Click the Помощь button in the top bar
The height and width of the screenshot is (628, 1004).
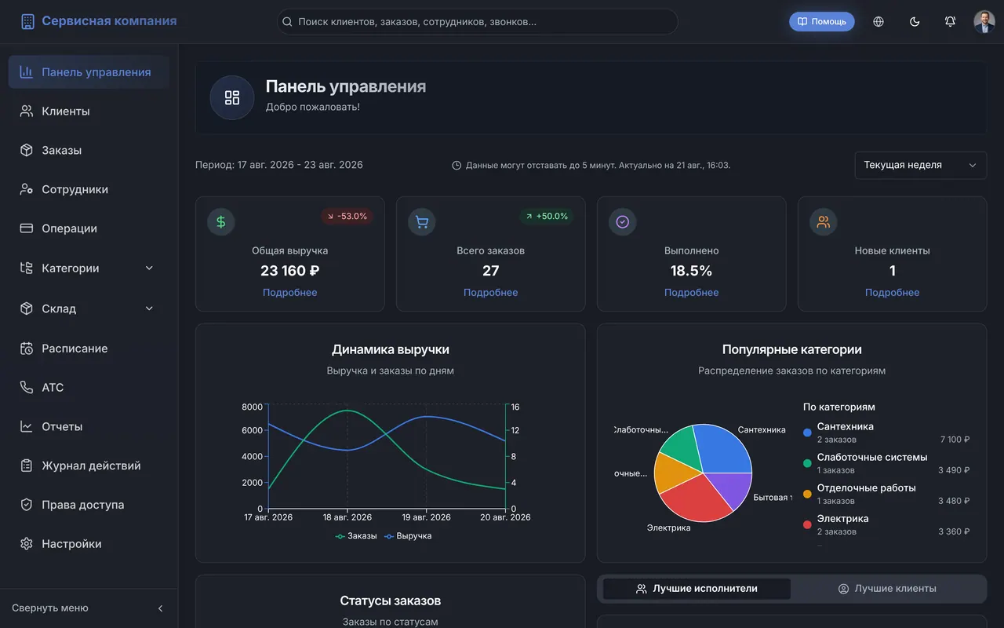click(821, 21)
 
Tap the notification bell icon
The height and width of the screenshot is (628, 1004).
click(950, 21)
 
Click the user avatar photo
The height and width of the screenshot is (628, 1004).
click(984, 21)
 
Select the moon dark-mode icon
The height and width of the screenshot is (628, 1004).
click(915, 21)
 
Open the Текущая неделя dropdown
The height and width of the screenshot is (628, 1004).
click(920, 165)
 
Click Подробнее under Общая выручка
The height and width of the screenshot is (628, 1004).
click(289, 293)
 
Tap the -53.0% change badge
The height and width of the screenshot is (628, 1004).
click(347, 216)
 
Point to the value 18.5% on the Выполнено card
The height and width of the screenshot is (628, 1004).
click(691, 271)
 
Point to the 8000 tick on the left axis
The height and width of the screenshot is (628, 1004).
click(252, 407)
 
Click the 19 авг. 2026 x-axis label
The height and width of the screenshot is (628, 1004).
click(426, 517)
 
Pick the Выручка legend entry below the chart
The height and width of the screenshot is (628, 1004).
click(409, 536)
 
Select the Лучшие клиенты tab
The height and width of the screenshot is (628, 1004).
click(887, 589)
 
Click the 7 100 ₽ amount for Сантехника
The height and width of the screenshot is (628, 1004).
click(955, 440)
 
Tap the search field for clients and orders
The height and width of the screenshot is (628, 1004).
click(478, 21)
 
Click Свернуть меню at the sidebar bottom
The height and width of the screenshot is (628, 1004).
click(49, 608)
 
